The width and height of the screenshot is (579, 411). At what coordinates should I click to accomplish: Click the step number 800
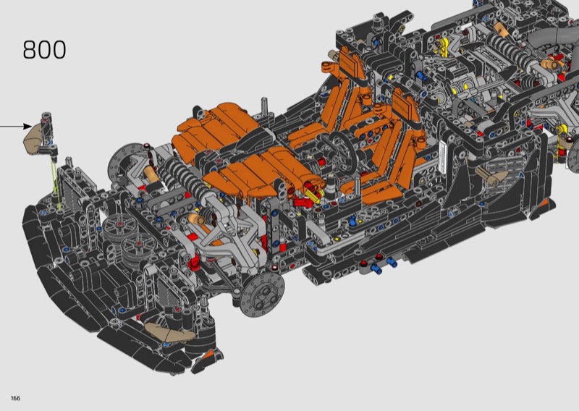click(44, 50)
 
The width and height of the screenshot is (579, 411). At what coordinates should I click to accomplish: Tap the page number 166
click(15, 398)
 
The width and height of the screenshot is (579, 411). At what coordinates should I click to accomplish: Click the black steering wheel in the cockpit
click(340, 152)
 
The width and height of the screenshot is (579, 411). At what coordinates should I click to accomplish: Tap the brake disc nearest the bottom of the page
click(262, 295)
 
